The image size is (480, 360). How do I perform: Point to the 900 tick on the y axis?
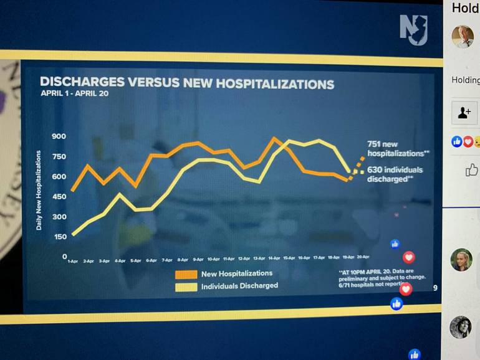(x=59, y=136)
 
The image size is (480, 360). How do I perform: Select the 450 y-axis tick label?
(x=59, y=197)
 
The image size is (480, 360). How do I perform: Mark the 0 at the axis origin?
(x=64, y=257)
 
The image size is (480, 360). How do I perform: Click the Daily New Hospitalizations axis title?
(x=39, y=190)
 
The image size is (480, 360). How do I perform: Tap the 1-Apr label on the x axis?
(x=72, y=260)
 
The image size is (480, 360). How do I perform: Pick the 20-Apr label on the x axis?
(x=363, y=257)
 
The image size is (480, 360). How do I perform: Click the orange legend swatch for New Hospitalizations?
(x=185, y=274)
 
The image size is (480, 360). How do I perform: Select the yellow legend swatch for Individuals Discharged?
(x=185, y=287)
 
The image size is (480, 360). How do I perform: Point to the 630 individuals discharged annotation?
(x=395, y=174)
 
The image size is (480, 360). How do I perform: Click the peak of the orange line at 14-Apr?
(x=274, y=138)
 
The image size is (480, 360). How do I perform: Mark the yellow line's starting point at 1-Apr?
(x=73, y=235)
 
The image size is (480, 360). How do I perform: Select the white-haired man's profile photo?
(x=463, y=36)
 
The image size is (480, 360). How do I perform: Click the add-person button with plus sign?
(x=464, y=113)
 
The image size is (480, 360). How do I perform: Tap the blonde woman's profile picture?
(x=461, y=260)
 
